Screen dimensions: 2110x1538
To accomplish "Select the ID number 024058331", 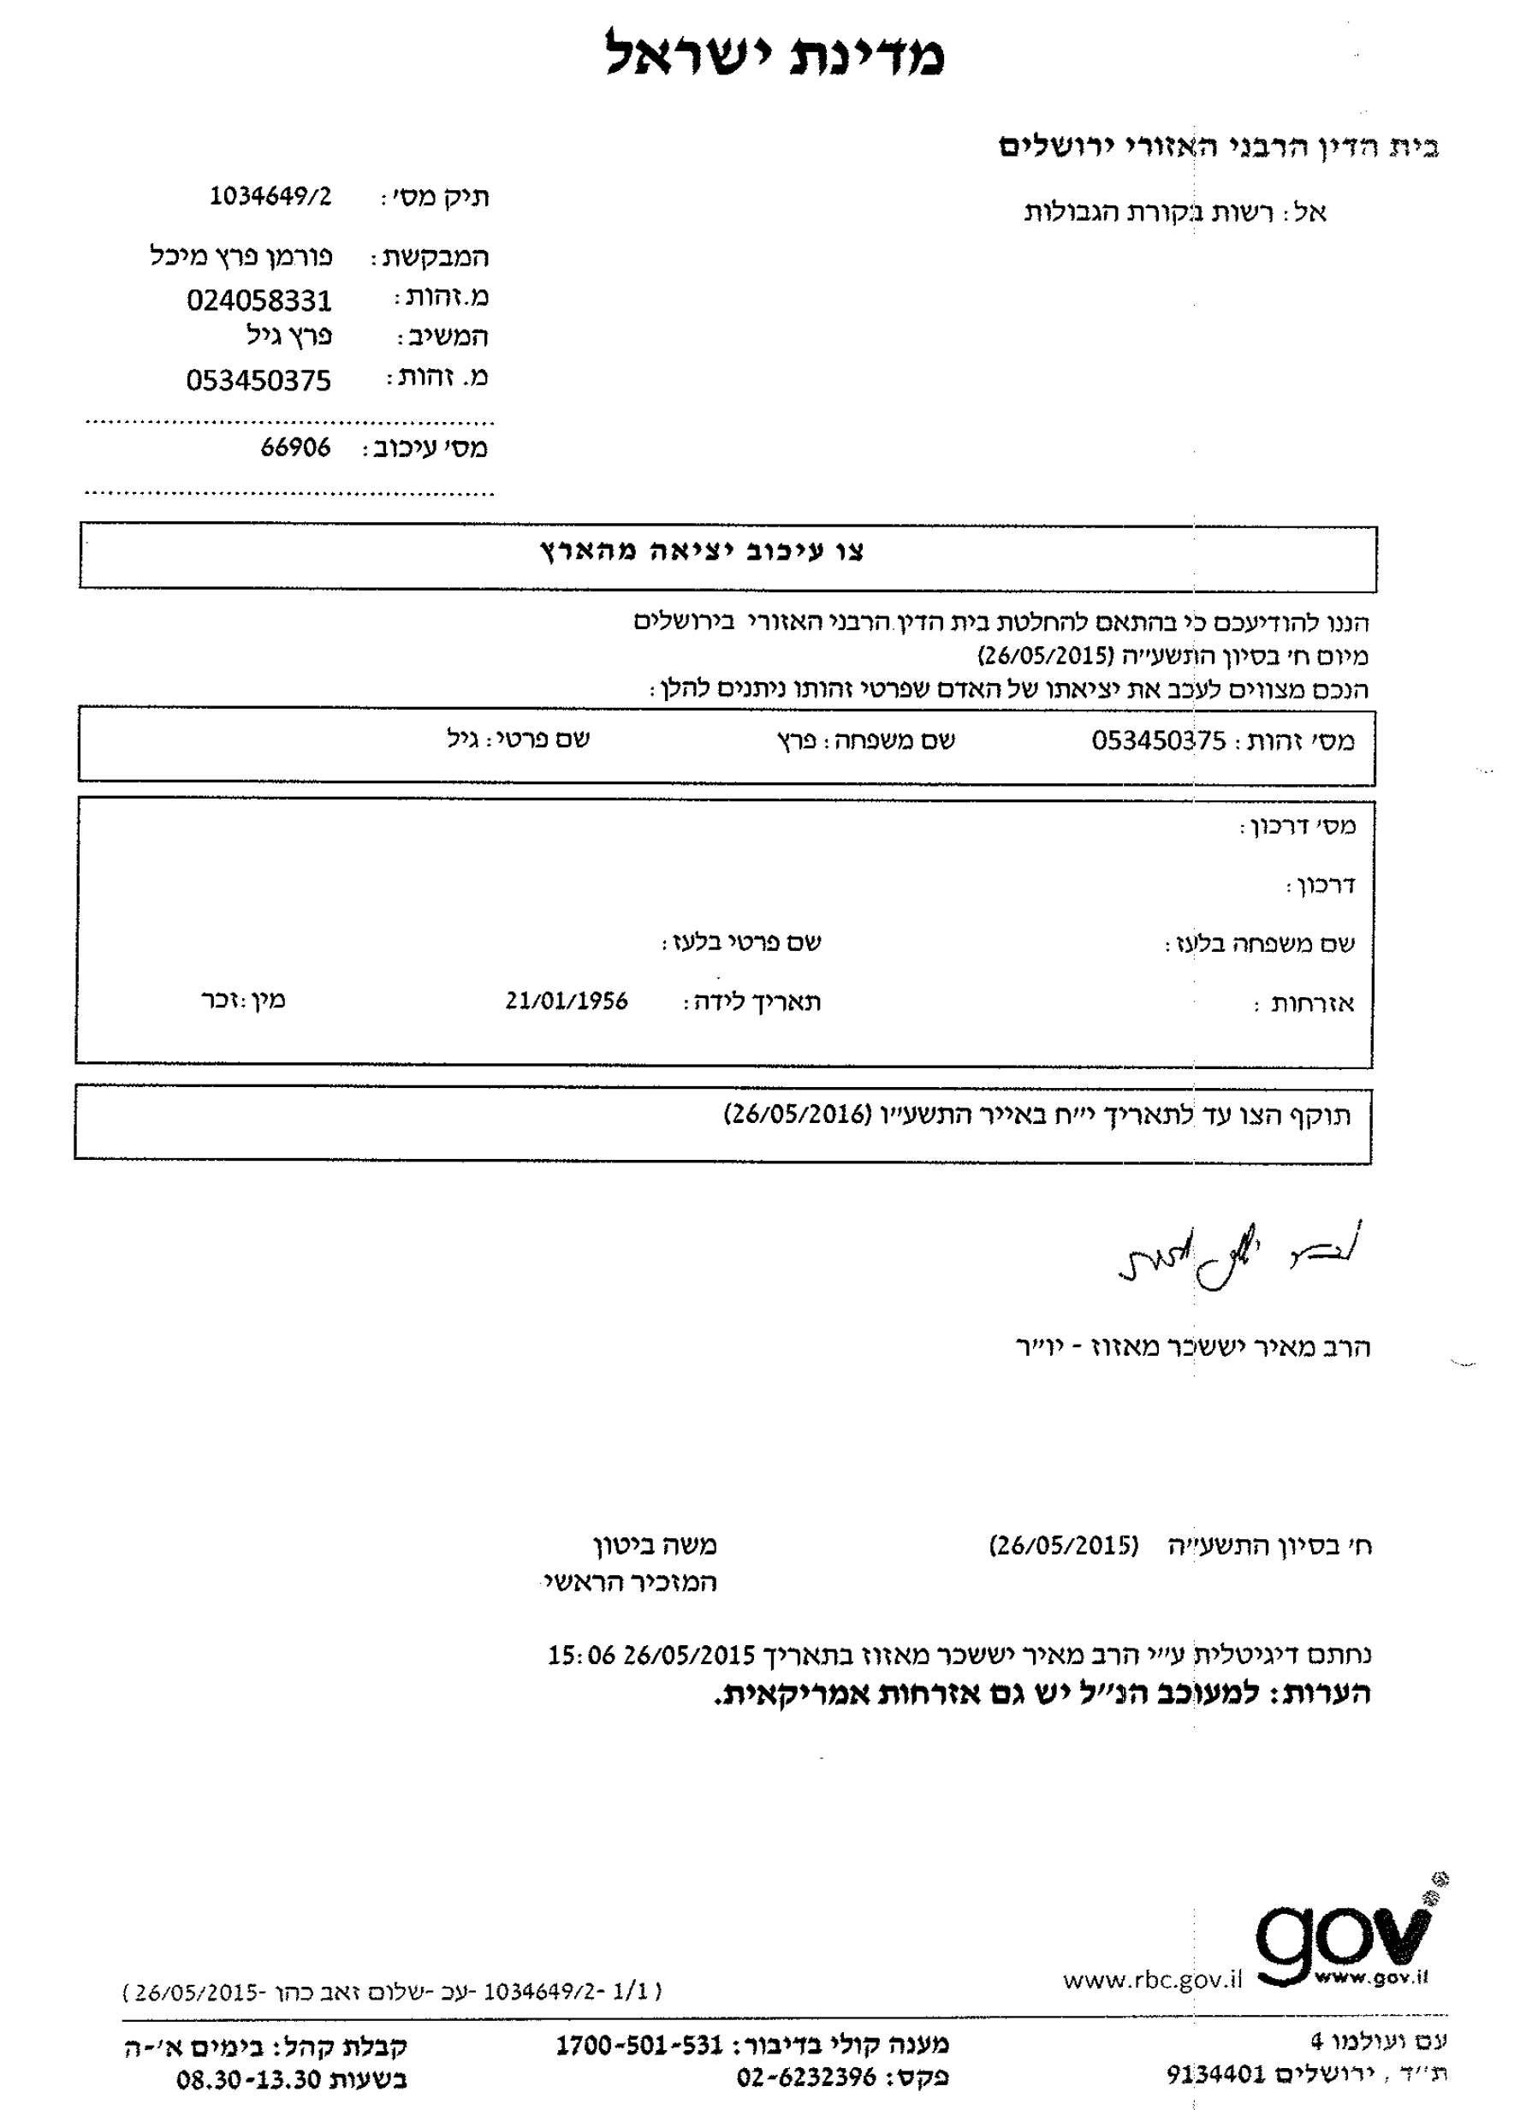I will tap(258, 300).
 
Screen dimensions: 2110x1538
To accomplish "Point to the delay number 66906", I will tap(295, 448).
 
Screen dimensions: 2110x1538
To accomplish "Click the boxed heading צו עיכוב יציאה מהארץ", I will tap(703, 551).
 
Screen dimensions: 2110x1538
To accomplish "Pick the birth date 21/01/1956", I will tap(567, 1001).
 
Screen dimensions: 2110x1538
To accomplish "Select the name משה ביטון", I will tap(656, 1547).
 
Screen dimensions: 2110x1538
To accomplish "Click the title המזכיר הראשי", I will tap(629, 1583).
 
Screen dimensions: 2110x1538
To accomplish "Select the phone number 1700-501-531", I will tap(639, 2046).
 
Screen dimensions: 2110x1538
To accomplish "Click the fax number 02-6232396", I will tap(806, 2077).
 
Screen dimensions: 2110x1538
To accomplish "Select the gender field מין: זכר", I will tap(243, 1000).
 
